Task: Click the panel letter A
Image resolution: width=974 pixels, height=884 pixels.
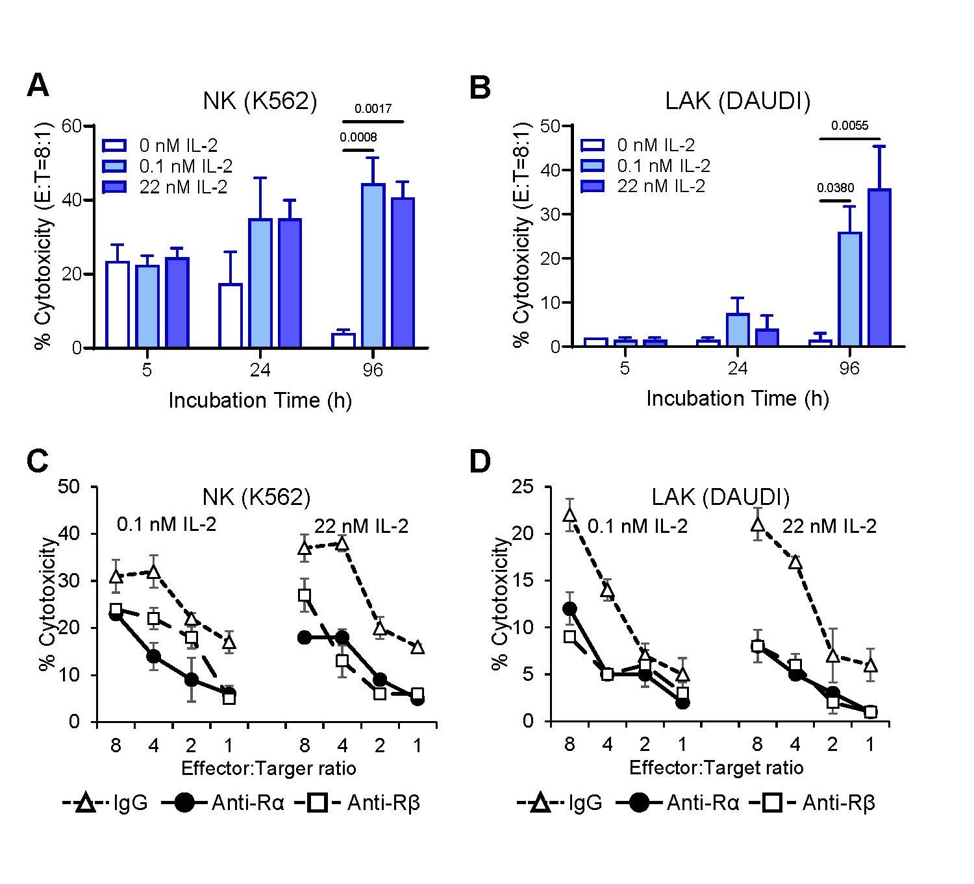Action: click(38, 85)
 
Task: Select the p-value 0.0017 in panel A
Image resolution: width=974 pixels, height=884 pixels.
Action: click(373, 108)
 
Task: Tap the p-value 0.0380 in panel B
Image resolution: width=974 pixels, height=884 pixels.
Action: click(836, 188)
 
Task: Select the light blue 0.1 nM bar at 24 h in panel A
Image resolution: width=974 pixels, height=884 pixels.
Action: click(260, 283)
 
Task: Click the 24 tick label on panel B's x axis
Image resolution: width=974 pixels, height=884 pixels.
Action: click(737, 369)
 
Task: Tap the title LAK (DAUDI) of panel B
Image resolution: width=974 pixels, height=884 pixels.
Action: click(738, 101)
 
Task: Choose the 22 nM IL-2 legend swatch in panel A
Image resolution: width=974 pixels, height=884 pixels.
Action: click(116, 187)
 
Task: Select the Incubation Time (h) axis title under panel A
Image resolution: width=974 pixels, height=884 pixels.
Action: click(260, 400)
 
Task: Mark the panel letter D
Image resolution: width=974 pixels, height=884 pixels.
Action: click(481, 461)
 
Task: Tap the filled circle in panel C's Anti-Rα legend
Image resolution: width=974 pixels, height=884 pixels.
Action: click(184, 804)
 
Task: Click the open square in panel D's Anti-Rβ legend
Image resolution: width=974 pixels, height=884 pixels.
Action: click(771, 804)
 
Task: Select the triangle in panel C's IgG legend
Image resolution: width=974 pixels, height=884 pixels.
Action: click(84, 804)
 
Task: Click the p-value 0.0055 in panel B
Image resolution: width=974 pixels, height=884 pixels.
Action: click(850, 126)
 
